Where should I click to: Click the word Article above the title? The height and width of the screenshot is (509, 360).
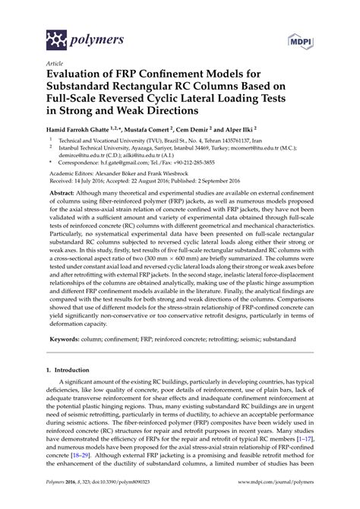(x=53, y=65)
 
